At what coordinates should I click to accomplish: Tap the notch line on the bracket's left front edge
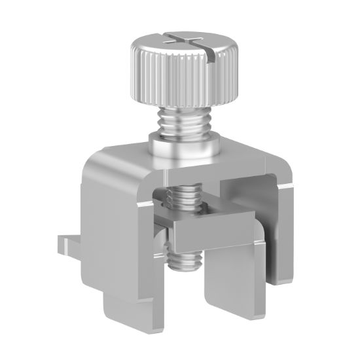tap(142, 207)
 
